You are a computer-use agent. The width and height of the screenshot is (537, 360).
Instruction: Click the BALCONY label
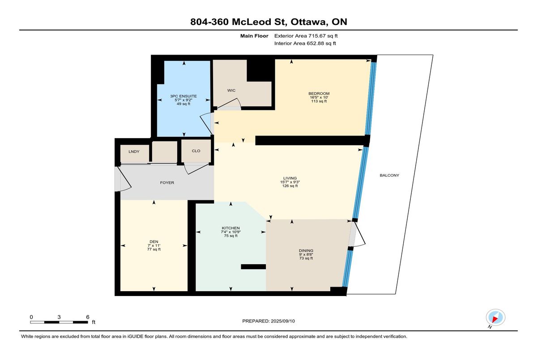[389, 175]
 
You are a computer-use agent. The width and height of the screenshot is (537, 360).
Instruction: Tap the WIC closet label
[231, 90]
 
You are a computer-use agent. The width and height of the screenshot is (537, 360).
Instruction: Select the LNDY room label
[134, 152]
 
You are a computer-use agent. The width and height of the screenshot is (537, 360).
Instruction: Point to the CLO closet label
[196, 151]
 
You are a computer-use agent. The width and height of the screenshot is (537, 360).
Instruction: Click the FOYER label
[167, 183]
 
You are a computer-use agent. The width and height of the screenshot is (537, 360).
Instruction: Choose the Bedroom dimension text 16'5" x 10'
[319, 97]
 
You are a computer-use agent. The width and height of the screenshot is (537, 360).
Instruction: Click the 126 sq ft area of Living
[290, 186]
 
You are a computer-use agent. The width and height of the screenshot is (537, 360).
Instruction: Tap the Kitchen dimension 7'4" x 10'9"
[230, 232]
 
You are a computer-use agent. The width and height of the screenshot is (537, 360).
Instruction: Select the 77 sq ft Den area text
[154, 250]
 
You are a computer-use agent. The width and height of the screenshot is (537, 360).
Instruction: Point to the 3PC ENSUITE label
[183, 96]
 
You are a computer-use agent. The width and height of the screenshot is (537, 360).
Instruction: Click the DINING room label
[306, 250]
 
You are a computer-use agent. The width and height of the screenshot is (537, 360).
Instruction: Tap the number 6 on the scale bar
[88, 317]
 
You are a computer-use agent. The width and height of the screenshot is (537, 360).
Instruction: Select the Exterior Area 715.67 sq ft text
[306, 36]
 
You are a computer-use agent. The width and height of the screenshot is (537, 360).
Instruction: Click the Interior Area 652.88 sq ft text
[305, 43]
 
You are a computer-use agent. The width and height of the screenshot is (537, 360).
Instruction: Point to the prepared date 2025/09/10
[283, 321]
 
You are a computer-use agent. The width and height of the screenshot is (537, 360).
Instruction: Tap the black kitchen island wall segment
[253, 267]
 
